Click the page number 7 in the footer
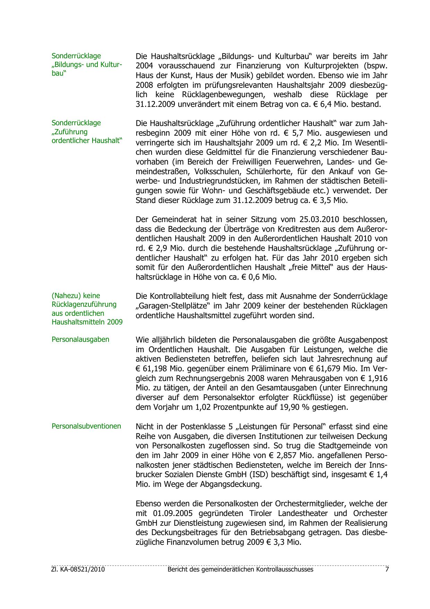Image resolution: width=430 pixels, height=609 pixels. pos(387,569)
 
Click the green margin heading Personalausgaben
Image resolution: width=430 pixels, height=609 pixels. pos(80,339)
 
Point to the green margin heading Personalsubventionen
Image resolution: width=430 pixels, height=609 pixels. pos(86,426)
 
